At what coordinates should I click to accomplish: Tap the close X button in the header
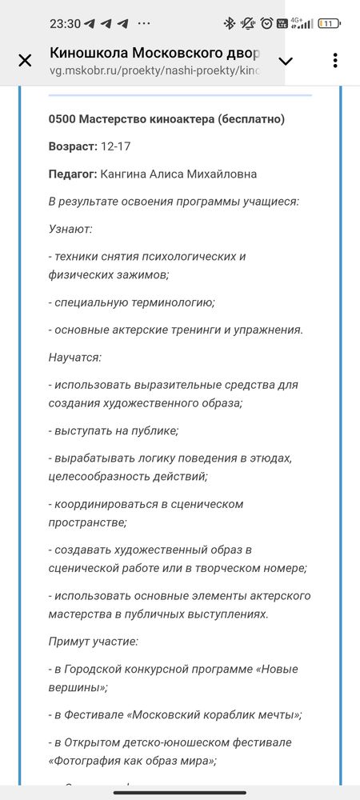click(x=25, y=61)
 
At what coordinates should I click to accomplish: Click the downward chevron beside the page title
click(x=285, y=61)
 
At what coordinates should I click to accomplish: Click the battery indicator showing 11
click(x=328, y=23)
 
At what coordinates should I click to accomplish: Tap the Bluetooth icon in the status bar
click(x=228, y=23)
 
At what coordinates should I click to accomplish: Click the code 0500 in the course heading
click(x=61, y=119)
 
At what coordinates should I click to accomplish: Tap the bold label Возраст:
click(x=72, y=146)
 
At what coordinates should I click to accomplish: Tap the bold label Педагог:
click(x=73, y=174)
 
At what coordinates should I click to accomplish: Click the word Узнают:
click(x=70, y=229)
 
